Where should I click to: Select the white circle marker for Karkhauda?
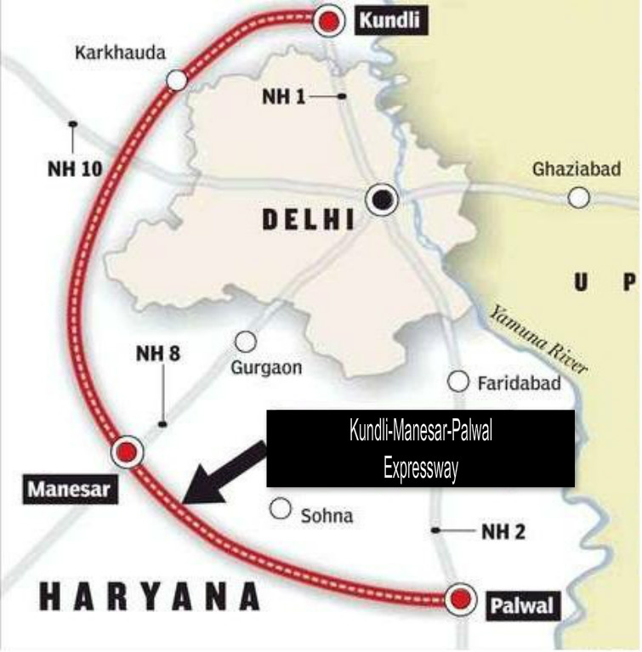click(x=177, y=80)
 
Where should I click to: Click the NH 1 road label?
click(x=283, y=98)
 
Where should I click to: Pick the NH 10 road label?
click(x=74, y=168)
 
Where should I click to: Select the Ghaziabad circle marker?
click(x=579, y=198)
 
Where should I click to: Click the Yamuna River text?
click(x=537, y=340)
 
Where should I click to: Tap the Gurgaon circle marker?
click(x=246, y=341)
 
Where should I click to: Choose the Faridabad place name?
click(x=519, y=383)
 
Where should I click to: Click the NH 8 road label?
click(x=158, y=354)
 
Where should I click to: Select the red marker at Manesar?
click(x=127, y=452)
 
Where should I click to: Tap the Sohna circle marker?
click(x=280, y=509)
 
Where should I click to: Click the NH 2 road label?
click(x=503, y=532)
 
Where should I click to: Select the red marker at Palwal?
click(x=461, y=599)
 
